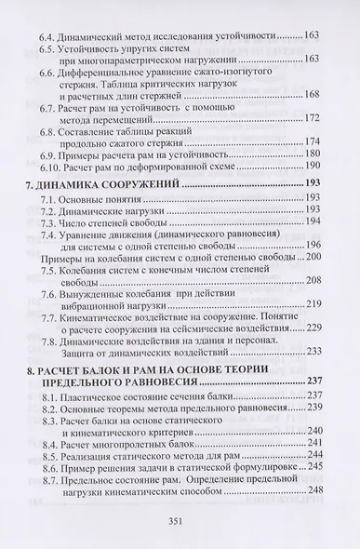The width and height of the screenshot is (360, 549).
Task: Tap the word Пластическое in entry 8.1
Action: coord(116,395)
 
